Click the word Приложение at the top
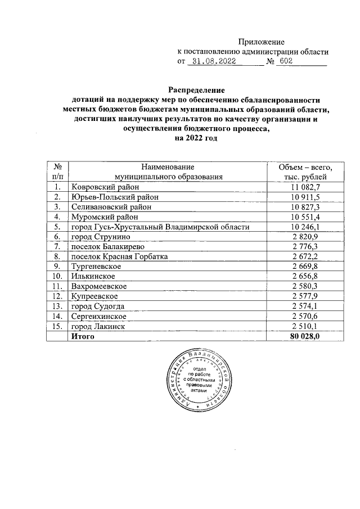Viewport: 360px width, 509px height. [261, 42]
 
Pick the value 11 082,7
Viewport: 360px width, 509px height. [305, 187]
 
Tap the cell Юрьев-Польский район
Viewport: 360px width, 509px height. [115, 197]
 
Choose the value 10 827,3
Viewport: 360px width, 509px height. [305, 207]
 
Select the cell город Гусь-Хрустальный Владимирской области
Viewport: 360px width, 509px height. [160, 227]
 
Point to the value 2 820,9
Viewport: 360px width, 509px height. [305, 237]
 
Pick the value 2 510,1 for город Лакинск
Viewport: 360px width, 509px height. [305, 326]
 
